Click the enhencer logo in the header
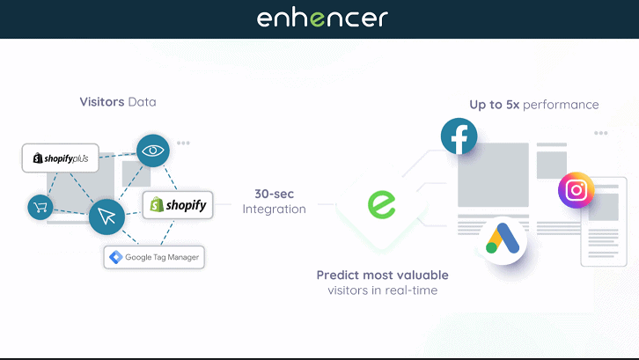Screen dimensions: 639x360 (322, 18)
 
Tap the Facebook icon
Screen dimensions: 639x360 (459, 136)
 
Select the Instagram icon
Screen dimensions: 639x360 (576, 190)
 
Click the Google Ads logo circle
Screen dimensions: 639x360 (503, 239)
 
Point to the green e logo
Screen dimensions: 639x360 (382, 204)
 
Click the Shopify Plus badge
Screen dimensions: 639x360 (61, 158)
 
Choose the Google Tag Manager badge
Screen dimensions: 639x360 (154, 257)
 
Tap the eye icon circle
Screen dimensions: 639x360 (153, 151)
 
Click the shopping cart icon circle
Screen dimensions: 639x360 (40, 207)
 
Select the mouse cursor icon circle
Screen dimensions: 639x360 (106, 217)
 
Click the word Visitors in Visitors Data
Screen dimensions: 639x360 (102, 101)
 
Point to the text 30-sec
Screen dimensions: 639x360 (275, 194)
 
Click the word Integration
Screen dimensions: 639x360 (275, 209)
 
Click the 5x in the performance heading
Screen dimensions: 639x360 (512, 105)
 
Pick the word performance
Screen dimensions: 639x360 (561, 106)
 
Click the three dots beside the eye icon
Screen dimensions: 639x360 (183, 143)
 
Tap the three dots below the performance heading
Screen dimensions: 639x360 (600, 133)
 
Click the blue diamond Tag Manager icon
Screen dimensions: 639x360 (116, 257)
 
